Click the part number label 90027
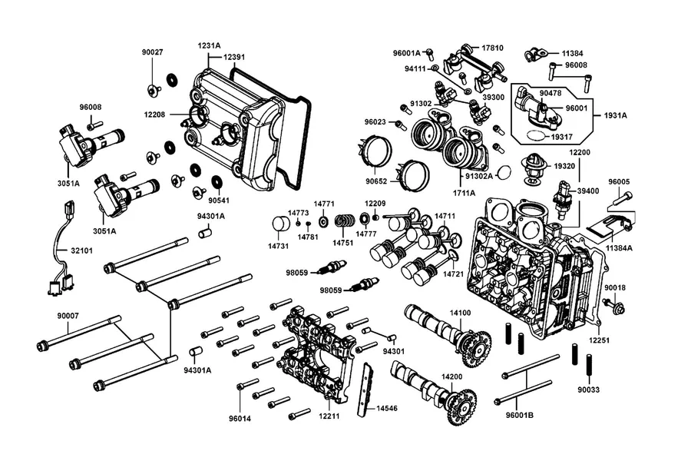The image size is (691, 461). pyautogui.click(x=152, y=52)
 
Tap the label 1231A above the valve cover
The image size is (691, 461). pyautogui.click(x=209, y=45)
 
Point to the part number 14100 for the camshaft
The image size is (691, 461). pyautogui.click(x=460, y=313)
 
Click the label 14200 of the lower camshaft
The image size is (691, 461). pyautogui.click(x=452, y=376)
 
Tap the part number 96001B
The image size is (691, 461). pyautogui.click(x=520, y=415)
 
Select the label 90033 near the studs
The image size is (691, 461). pyautogui.click(x=589, y=390)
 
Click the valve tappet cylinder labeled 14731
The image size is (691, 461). pyautogui.click(x=279, y=224)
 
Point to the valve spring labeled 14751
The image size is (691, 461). pyautogui.click(x=345, y=221)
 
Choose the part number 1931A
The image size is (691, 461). pyautogui.click(x=616, y=115)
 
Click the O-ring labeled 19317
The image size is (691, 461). pyautogui.click(x=536, y=136)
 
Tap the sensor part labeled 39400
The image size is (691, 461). pyautogui.click(x=564, y=200)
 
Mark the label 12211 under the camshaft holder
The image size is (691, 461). pyautogui.click(x=329, y=415)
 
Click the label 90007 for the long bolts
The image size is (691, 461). pyautogui.click(x=68, y=316)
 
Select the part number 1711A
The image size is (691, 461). pyautogui.click(x=464, y=193)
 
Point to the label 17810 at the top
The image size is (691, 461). pyautogui.click(x=492, y=48)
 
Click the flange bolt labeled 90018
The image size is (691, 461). pyautogui.click(x=613, y=305)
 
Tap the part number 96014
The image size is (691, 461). pyautogui.click(x=240, y=418)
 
